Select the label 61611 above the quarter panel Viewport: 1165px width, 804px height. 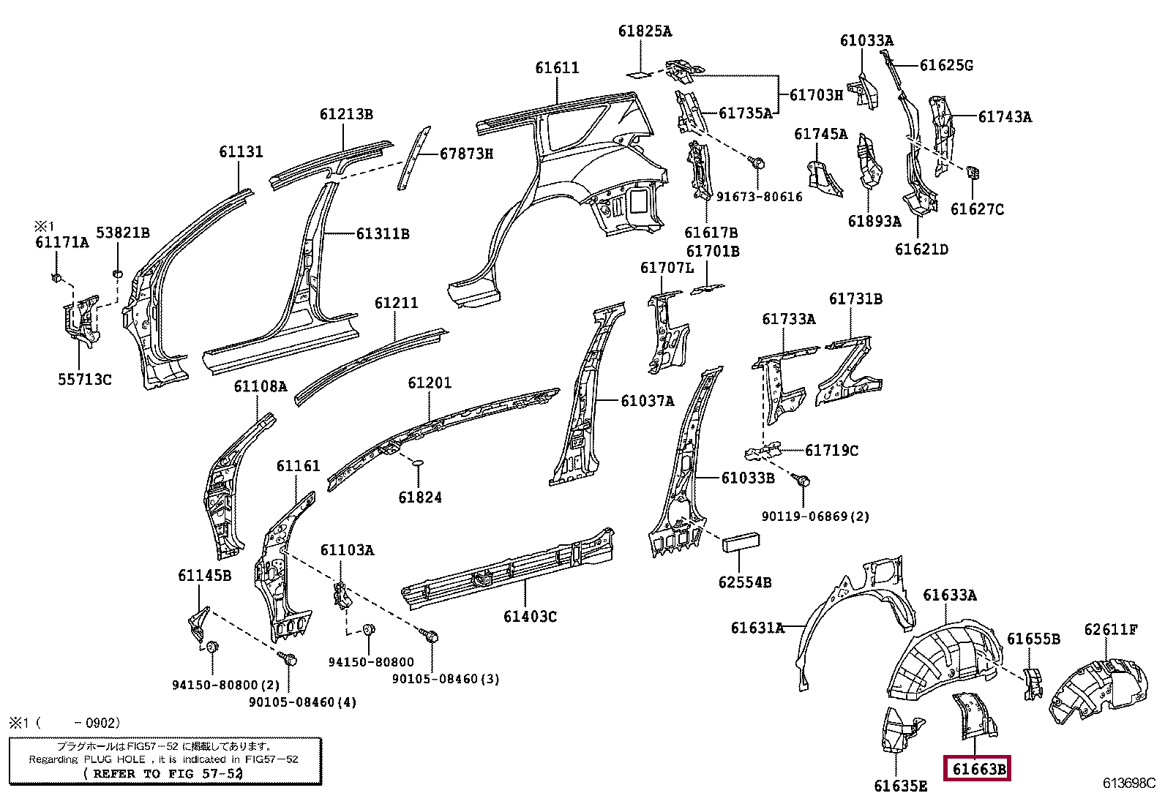[557, 68]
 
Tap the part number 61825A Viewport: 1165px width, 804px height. [645, 31]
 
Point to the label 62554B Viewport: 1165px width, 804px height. [745, 582]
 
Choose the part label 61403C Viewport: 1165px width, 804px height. [530, 617]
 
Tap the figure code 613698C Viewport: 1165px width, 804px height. [1128, 783]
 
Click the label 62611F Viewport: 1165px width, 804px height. [1111, 629]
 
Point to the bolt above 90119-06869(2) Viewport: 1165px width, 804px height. [803, 481]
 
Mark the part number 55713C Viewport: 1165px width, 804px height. [85, 379]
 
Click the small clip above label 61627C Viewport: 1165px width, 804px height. [973, 173]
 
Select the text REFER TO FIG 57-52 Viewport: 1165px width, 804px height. [167, 773]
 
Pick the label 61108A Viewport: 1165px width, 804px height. [261, 386]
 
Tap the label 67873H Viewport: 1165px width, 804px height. [466, 154]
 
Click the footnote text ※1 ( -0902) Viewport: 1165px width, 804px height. [64, 723]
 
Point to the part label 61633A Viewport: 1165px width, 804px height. [950, 595]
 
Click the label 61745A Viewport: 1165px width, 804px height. [821, 134]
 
